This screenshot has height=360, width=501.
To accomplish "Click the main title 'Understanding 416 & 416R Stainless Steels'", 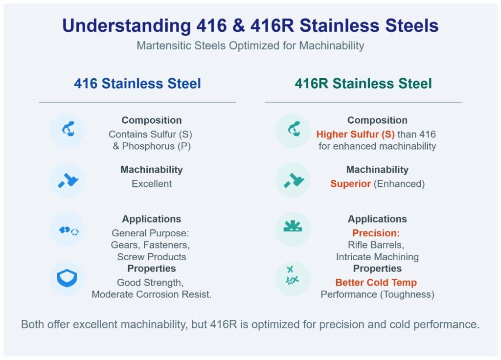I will pyautogui.click(x=250, y=26).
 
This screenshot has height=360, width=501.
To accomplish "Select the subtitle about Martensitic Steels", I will pyautogui.click(x=250, y=46).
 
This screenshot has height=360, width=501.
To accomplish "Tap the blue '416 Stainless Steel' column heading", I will pyautogui.click(x=137, y=84).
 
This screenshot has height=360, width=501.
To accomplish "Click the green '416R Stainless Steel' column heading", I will pyautogui.click(x=363, y=84).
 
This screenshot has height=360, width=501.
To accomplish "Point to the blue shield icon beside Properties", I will pyautogui.click(x=67, y=278).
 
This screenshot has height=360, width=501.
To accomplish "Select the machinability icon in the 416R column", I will pyautogui.click(x=293, y=180).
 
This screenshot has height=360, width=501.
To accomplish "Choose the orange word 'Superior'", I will pyautogui.click(x=350, y=184).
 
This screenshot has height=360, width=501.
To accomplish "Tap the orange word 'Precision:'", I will pyautogui.click(x=376, y=233).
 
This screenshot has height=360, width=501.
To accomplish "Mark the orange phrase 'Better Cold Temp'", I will pyautogui.click(x=376, y=283).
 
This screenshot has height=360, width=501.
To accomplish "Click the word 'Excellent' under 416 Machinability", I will pyautogui.click(x=152, y=184).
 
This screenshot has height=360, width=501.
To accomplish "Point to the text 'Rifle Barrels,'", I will pyautogui.click(x=377, y=245).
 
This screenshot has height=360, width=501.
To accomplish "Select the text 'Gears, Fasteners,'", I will pyautogui.click(x=150, y=245).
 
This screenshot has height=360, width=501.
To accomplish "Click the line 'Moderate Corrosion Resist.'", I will pyautogui.click(x=152, y=295).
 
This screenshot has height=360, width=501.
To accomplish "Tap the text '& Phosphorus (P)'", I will pyautogui.click(x=151, y=146).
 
